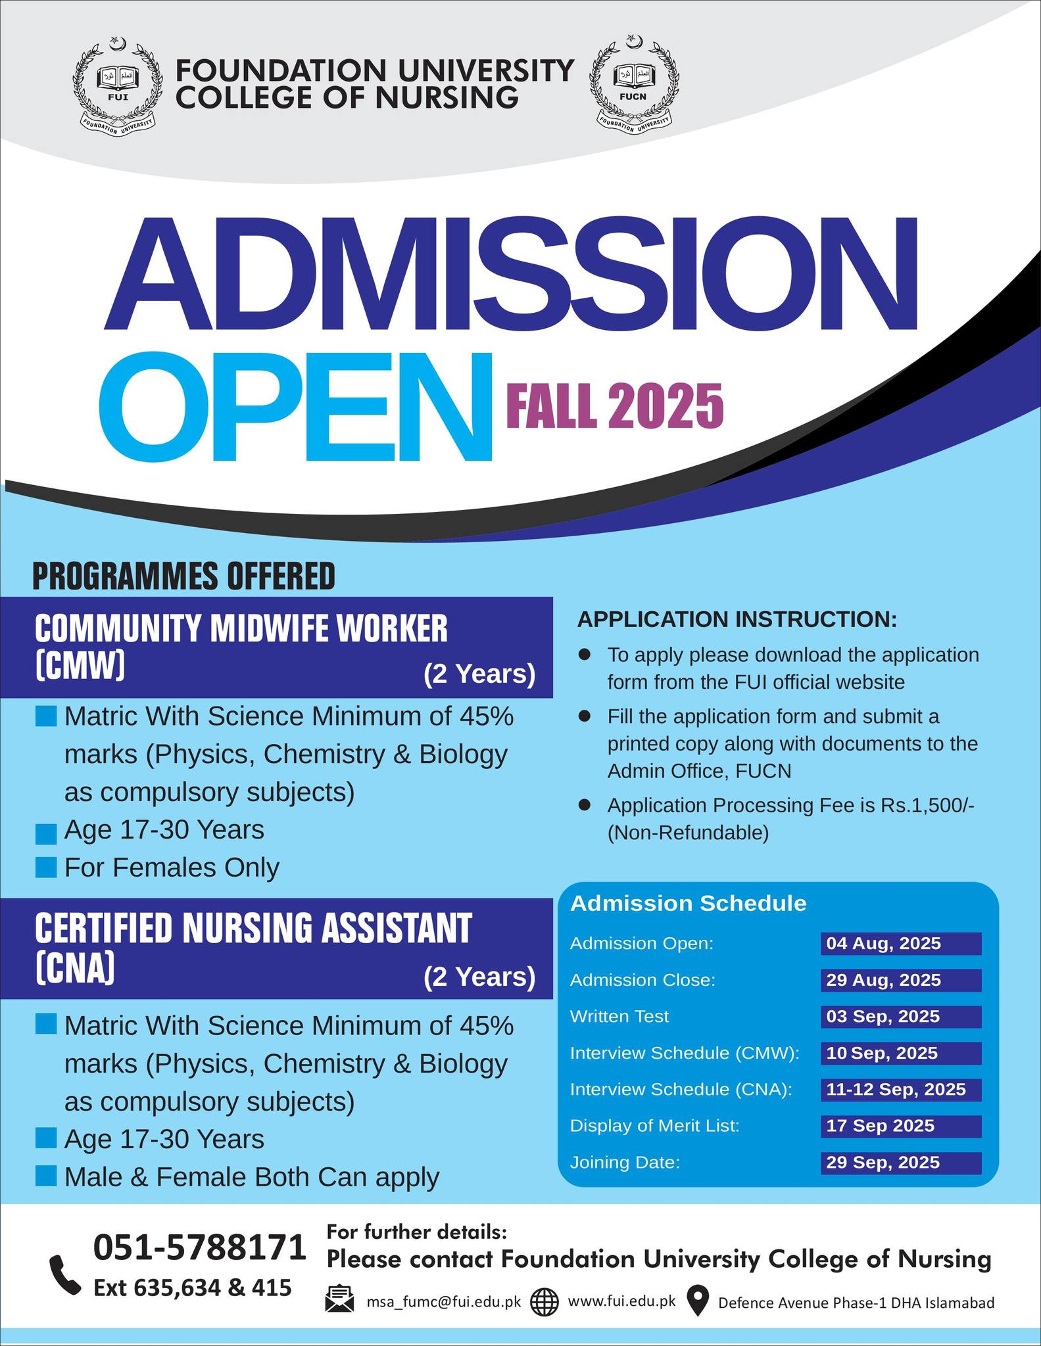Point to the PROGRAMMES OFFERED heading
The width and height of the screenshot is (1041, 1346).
point(183,576)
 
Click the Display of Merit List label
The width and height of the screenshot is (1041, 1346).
point(654,1126)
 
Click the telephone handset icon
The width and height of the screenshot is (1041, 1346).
point(66,1275)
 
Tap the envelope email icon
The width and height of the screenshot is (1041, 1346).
point(340,1299)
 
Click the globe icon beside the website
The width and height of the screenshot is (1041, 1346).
point(544,1302)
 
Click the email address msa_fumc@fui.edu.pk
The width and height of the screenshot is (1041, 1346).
point(443,1302)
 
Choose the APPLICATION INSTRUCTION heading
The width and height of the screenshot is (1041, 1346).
point(737,619)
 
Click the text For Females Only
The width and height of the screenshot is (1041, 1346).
point(172,868)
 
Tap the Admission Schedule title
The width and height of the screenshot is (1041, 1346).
point(688,904)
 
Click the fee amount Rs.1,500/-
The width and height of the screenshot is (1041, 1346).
point(927,805)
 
